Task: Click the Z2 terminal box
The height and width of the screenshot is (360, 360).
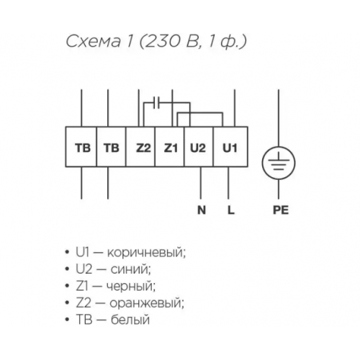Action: [x=140, y=147]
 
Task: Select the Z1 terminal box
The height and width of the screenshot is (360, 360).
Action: [x=170, y=147]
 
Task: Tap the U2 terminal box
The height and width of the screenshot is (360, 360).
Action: [x=199, y=147]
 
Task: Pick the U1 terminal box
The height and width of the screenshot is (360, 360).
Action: [x=230, y=147]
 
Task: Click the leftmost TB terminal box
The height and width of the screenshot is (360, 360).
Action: [x=81, y=147]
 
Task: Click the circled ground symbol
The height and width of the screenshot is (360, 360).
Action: [x=279, y=163]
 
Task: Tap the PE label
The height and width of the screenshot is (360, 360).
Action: [x=281, y=210]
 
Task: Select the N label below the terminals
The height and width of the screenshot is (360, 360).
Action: [x=202, y=210]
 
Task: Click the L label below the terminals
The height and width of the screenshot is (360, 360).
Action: [x=230, y=210]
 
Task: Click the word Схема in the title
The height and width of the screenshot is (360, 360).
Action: [x=93, y=42]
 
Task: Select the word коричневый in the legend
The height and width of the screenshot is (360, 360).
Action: [x=146, y=253]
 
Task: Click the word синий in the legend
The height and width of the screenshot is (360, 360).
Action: [x=130, y=270]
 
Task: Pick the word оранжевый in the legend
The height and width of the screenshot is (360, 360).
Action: [x=147, y=304]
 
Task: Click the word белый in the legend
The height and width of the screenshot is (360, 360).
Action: [x=130, y=320]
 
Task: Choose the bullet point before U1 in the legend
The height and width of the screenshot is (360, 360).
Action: [x=67, y=253]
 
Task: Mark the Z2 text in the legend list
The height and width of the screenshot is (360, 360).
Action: [x=84, y=303]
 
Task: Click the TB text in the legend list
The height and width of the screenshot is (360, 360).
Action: [x=84, y=320]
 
